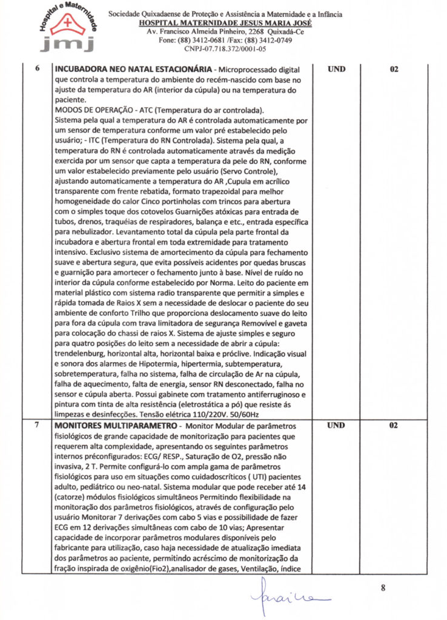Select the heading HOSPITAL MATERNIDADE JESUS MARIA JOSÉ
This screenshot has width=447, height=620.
225,22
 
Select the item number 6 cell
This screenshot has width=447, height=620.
38,68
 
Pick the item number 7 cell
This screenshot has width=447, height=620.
38,425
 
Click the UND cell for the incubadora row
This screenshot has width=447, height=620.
336,69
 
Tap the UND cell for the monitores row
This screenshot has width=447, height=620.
336,426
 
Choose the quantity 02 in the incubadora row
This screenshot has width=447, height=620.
394,69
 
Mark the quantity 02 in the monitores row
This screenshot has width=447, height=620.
394,426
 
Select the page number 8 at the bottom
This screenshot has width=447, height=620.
383,587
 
